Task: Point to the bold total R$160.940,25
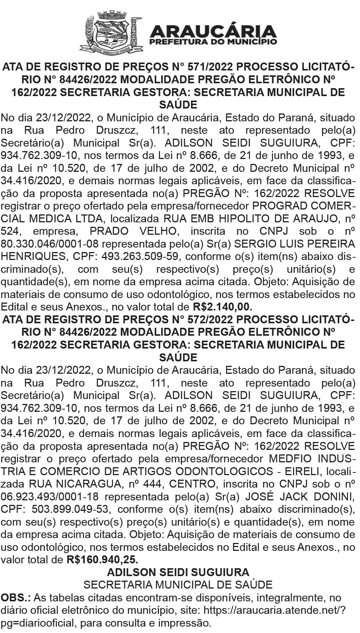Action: [x=102, y=560]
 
